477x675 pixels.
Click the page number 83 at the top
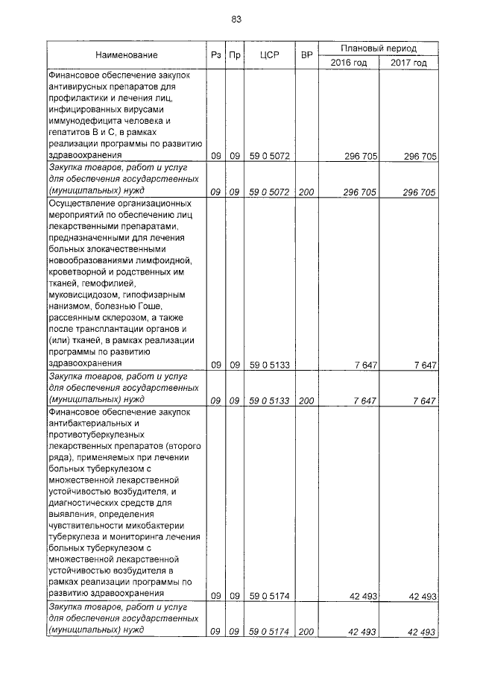pyautogui.click(x=236, y=19)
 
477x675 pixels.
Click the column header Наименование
pyautogui.click(x=126, y=55)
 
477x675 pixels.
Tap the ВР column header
pyautogui.click(x=306, y=55)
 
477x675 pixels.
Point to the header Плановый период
pyautogui.click(x=379, y=48)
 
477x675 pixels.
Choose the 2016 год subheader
pyautogui.click(x=349, y=63)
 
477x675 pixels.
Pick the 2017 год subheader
pyautogui.click(x=408, y=63)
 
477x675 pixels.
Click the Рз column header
pyautogui.click(x=215, y=55)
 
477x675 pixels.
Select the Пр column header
pyautogui.click(x=234, y=55)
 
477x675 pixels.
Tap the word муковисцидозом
pyautogui.click(x=81, y=295)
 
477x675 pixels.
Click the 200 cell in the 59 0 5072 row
pyautogui.click(x=306, y=192)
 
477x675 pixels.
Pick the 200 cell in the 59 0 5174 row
pyautogui.click(x=306, y=632)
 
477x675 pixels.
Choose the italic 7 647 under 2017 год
pyautogui.click(x=422, y=401)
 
